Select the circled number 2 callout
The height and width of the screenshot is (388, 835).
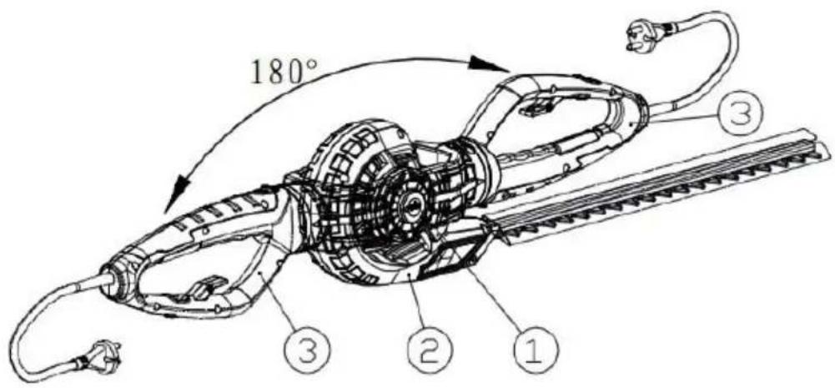430,352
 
